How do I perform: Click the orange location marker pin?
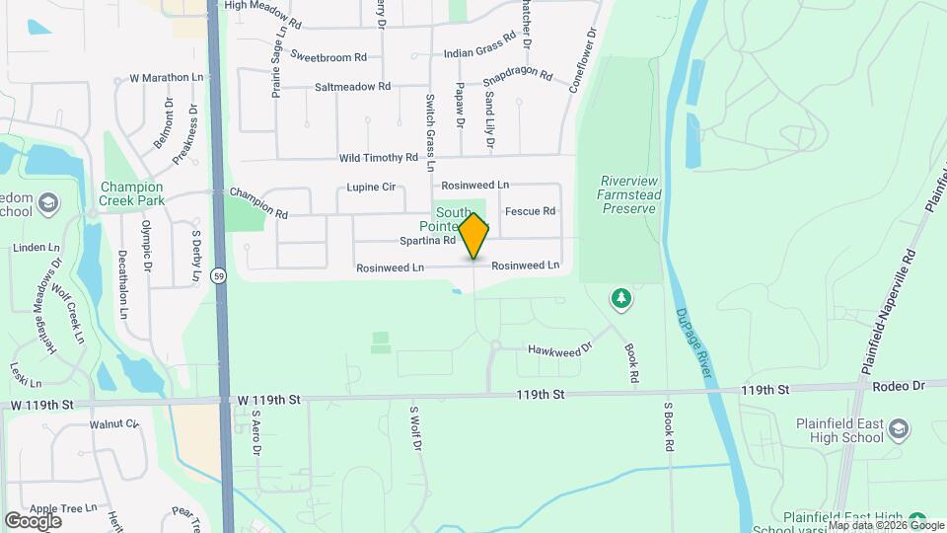[x=473, y=236]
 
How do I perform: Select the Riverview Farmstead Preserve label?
[x=628, y=194]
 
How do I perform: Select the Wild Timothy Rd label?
[x=379, y=158]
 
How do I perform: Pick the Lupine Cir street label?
[x=371, y=187]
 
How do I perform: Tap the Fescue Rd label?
[x=530, y=211]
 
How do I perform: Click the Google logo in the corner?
[x=34, y=520]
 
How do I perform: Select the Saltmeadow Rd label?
[x=352, y=87]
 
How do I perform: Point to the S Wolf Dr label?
[x=415, y=427]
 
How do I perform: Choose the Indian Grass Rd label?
[x=480, y=46]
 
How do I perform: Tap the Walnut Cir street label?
[x=114, y=424]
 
